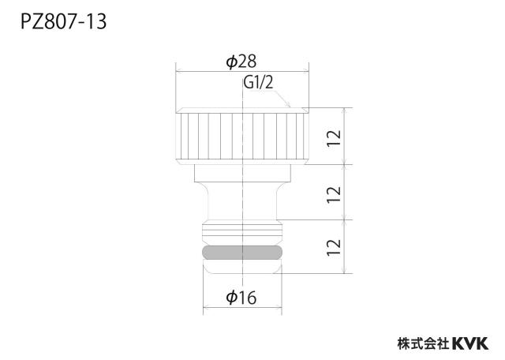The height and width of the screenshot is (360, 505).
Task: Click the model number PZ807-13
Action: [63, 22]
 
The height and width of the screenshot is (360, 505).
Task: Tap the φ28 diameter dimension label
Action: [241, 62]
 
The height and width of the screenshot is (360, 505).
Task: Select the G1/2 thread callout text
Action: [258, 83]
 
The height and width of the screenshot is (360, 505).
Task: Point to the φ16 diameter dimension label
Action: [241, 298]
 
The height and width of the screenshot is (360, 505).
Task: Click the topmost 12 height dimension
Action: [334, 138]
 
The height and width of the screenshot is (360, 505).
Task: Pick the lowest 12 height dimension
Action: [334, 247]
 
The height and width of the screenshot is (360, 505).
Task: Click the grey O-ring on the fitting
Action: [242, 253]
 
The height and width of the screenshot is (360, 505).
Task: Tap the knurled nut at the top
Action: [242, 136]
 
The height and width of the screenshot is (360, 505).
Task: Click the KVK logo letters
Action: [470, 343]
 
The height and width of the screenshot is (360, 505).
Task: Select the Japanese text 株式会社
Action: [424, 343]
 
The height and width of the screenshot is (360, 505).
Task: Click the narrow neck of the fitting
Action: [242, 201]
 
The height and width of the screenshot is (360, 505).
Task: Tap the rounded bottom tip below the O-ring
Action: [242, 267]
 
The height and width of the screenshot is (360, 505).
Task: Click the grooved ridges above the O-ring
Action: [242, 233]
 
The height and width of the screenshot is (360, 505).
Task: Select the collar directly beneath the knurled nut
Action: [242, 173]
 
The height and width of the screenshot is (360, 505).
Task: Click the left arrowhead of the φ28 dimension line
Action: [178, 70]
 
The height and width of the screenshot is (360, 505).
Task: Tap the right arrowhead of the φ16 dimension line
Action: [279, 308]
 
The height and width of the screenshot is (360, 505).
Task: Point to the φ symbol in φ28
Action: [231, 62]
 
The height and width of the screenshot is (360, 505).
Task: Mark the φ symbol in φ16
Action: [231, 298]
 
